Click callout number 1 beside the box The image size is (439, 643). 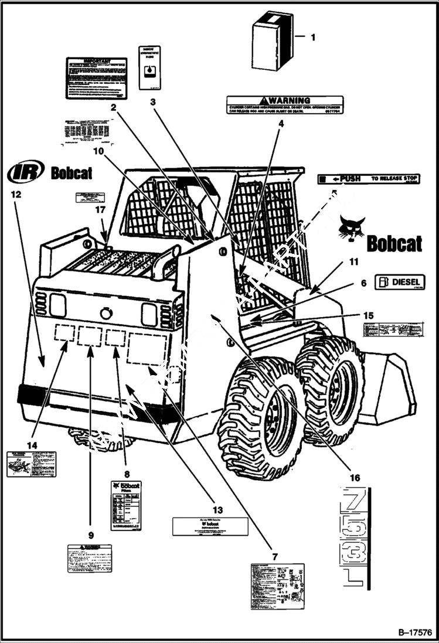coord(312,37)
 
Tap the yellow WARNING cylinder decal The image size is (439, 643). coord(285,105)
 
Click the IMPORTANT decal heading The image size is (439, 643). coord(97,61)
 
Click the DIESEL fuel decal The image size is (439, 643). coord(400,282)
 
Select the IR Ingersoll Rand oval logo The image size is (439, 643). coord(26,172)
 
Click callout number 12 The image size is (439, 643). coord(16,194)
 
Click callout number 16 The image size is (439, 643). coord(355,478)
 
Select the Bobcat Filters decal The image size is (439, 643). coord(126,505)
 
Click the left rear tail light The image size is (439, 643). coord(58,305)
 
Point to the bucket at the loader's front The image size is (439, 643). coord(390,390)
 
